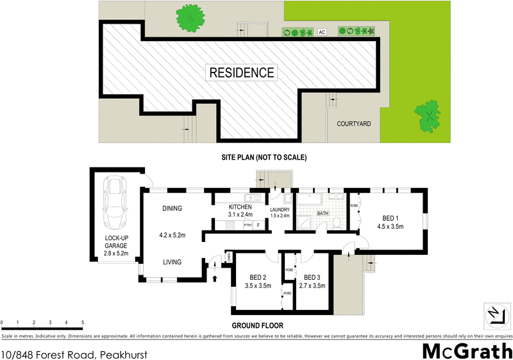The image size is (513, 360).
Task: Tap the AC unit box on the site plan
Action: pos(323,31)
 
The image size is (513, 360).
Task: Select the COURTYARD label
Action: pos(354,124)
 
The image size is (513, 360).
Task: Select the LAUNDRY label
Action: pos(280,209)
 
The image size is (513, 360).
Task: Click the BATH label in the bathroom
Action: pos(323,213)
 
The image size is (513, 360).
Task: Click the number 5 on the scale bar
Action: pos(83,322)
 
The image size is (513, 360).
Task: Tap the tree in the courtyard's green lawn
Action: pos(427,115)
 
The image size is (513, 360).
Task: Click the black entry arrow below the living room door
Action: pos(215,278)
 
